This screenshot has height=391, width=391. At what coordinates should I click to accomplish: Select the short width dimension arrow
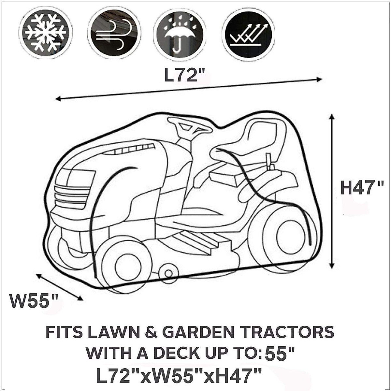[59, 287]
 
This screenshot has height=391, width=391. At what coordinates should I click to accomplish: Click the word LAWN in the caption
[112, 332]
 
